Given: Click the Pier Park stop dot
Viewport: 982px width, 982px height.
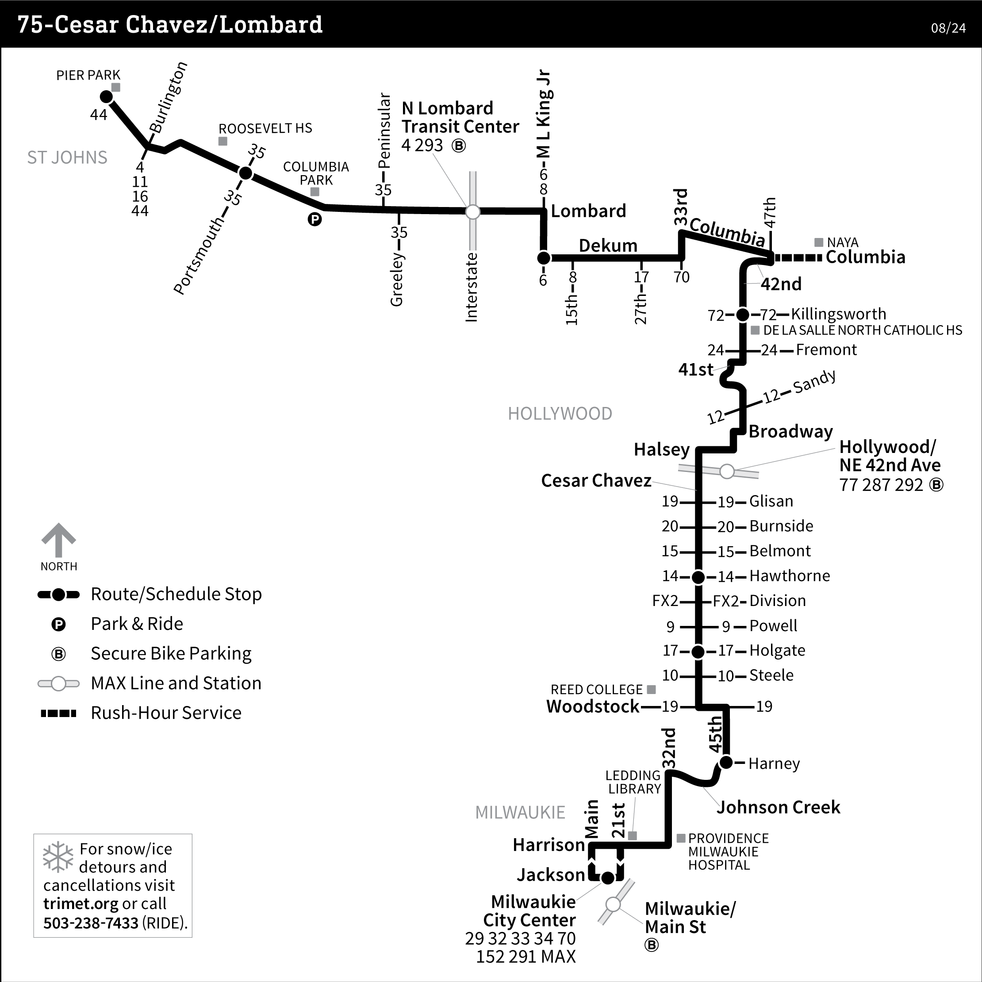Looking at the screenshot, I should (x=106, y=96).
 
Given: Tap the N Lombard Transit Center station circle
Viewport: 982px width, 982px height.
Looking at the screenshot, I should (x=473, y=211).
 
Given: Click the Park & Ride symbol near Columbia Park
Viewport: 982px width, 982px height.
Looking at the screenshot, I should (x=315, y=219).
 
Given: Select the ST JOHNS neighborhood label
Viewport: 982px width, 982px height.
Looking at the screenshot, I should (x=67, y=157).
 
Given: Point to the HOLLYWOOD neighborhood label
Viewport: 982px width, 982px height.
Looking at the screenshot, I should (x=560, y=414).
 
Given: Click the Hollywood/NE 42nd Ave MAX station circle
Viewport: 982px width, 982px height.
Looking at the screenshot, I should (x=727, y=471).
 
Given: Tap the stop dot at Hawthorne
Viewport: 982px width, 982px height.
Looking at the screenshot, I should (x=698, y=577).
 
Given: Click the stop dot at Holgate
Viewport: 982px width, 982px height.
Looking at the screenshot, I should (x=698, y=651).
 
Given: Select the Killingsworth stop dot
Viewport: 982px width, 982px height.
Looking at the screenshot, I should (x=743, y=315).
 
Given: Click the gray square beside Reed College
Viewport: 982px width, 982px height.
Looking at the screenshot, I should (x=651, y=689).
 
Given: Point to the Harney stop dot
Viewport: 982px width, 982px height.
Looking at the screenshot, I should (x=726, y=763).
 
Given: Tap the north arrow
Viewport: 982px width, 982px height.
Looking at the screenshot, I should (x=58, y=540).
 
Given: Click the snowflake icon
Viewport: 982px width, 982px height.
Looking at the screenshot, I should (x=58, y=856).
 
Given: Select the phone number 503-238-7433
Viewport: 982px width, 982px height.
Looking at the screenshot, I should (x=91, y=923).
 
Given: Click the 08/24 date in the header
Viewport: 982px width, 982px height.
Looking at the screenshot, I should (x=948, y=28).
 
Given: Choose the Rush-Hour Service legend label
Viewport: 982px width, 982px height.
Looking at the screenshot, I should (x=166, y=713).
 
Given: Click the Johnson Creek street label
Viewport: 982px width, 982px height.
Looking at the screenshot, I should (x=778, y=807).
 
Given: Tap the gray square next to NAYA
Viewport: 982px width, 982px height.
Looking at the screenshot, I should (x=818, y=242).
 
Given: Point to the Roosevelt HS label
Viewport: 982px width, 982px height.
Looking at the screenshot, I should (x=265, y=128).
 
